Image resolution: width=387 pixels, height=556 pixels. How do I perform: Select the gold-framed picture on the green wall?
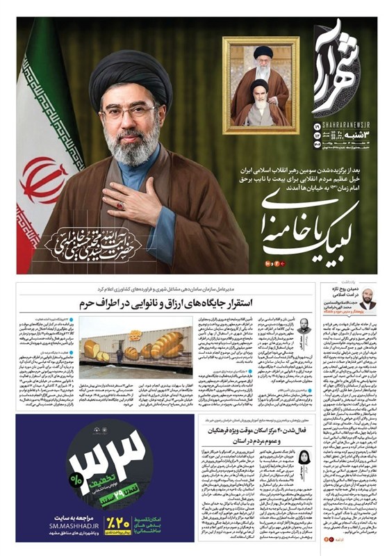point(261,86)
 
